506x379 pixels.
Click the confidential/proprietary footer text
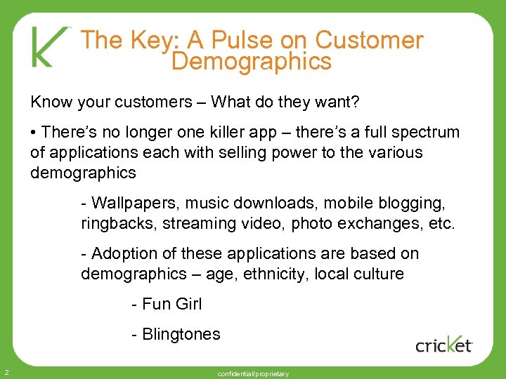click(253, 374)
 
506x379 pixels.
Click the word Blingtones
click(181, 334)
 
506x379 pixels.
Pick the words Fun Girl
click(171, 304)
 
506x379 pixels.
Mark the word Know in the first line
click(50, 102)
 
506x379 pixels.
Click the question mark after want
click(355, 102)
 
